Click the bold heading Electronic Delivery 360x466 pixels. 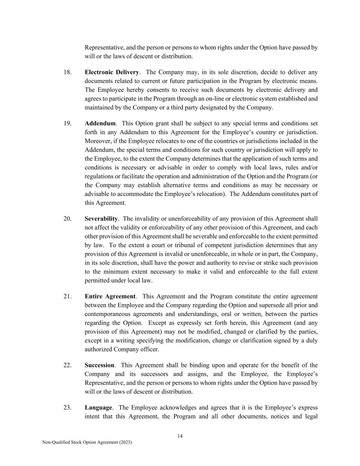(112, 72)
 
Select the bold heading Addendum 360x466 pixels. (100, 123)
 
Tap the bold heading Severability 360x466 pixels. (101, 219)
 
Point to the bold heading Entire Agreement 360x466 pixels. (110, 296)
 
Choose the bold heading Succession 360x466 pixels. (99, 365)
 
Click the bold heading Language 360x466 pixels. (98, 408)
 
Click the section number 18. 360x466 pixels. (67, 72)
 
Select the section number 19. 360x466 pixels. (67, 123)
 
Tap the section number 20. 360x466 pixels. (67, 219)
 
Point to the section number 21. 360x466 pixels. (67, 296)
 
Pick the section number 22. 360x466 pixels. (67, 365)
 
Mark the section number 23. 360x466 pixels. (67, 408)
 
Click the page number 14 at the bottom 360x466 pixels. (180, 436)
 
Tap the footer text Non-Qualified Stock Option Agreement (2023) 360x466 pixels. (87, 442)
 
